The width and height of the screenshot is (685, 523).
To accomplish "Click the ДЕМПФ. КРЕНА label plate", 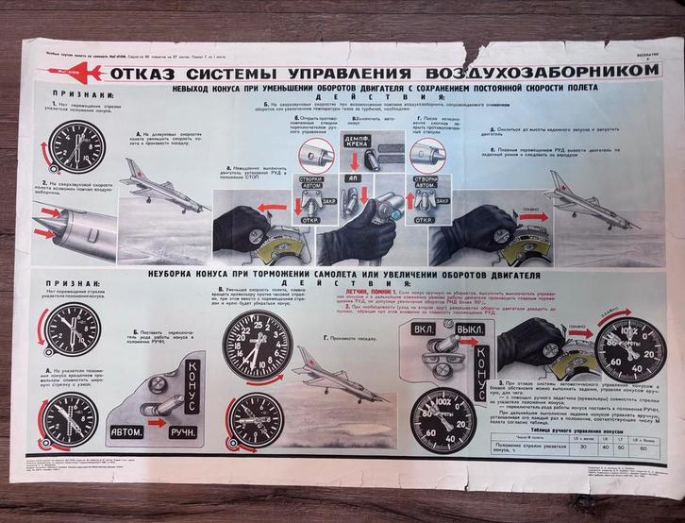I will (352, 145).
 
